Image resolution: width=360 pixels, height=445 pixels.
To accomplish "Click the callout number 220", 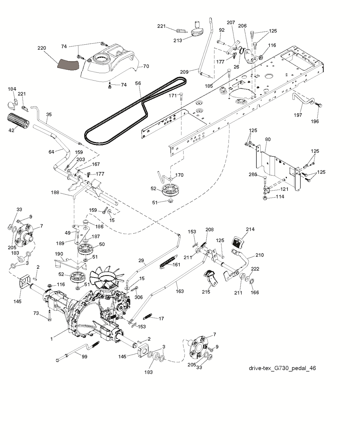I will (41, 48).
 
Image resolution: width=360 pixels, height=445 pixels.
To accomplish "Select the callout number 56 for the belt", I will (138, 84).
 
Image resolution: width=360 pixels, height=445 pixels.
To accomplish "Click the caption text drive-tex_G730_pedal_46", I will (282, 368).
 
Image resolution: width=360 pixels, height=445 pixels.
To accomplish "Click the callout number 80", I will (268, 139).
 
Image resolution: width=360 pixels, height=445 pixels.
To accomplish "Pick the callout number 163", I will (180, 291).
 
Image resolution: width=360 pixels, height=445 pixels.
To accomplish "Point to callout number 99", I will (84, 356).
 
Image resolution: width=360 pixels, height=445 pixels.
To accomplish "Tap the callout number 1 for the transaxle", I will (52, 339).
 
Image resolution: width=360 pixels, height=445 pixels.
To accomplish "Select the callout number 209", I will (185, 72).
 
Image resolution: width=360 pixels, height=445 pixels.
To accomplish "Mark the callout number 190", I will (59, 254).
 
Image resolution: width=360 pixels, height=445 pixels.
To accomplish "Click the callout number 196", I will (315, 121).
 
